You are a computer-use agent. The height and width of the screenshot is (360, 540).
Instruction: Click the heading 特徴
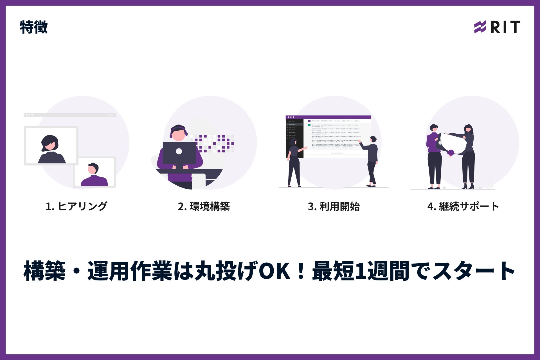[x=34, y=27]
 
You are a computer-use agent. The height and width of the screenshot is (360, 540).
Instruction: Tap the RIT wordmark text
[x=505, y=27]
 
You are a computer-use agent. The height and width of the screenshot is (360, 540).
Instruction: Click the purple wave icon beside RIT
[x=480, y=27]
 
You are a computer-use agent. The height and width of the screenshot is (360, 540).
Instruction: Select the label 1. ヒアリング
[x=76, y=206]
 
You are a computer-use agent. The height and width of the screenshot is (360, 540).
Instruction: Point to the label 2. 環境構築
[x=204, y=206]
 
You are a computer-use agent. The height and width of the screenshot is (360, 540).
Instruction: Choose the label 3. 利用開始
[x=334, y=206]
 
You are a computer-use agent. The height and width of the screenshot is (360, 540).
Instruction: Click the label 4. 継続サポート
[x=463, y=206]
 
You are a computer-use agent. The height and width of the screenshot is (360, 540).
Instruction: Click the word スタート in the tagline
[x=474, y=271]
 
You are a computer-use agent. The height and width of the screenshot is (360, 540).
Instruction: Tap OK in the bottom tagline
[x=274, y=271]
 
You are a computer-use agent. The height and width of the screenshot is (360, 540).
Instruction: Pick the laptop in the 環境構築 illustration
[x=179, y=153]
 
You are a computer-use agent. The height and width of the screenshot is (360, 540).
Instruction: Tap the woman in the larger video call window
[x=51, y=149]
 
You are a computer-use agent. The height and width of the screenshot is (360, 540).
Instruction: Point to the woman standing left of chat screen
[x=294, y=163]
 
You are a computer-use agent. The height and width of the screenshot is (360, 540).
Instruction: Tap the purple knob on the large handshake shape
[x=451, y=153]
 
